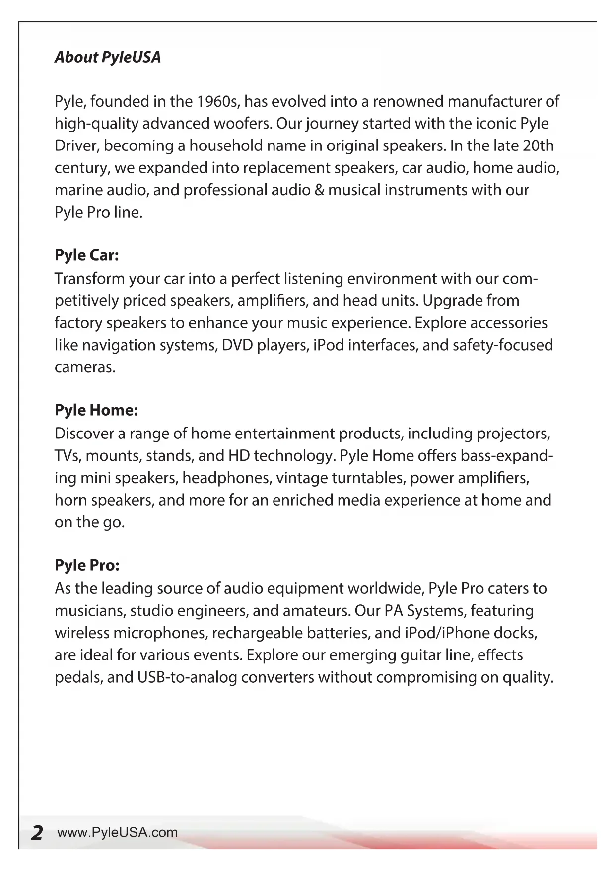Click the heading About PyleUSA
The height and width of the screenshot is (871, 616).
pyautogui.click(x=108, y=57)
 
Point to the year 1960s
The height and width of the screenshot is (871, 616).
pyautogui.click(x=218, y=102)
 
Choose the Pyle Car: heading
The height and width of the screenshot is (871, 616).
pyautogui.click(x=87, y=256)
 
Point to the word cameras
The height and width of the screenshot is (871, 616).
pyautogui.click(x=84, y=367)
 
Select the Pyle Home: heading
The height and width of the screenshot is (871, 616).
pyautogui.click(x=96, y=411)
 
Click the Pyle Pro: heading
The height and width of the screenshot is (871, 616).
pyautogui.click(x=87, y=565)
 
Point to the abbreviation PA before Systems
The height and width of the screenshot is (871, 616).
pyautogui.click(x=393, y=611)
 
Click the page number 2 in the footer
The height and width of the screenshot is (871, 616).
pyautogui.click(x=36, y=833)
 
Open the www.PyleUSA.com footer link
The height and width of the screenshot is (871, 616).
pyautogui.click(x=118, y=833)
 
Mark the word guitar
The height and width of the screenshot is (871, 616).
pyautogui.click(x=417, y=655)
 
